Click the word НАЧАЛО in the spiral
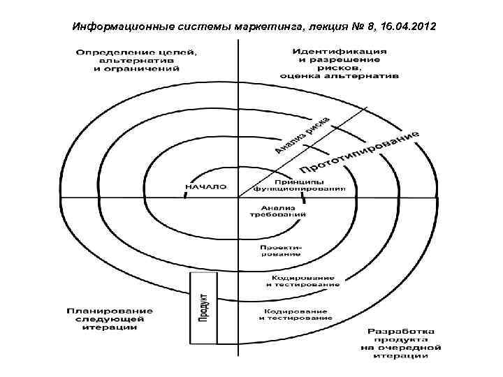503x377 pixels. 205,186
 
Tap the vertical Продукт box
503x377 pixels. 203,307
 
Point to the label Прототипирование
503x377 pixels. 360,151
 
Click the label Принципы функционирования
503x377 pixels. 298,185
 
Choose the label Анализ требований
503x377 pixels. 279,211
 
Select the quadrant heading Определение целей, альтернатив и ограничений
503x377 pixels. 126,60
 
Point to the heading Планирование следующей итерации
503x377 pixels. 110,319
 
